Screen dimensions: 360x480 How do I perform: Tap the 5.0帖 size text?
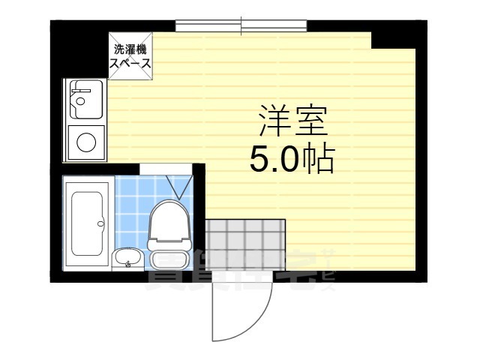(x=292, y=158)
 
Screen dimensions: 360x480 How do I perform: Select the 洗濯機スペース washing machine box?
(x=130, y=55)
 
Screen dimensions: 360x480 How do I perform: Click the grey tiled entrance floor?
(x=244, y=244)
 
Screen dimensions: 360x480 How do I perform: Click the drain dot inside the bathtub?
(x=100, y=222)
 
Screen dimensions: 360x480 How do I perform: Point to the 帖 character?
(x=318, y=158)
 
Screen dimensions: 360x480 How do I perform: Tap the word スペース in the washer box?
(x=130, y=63)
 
